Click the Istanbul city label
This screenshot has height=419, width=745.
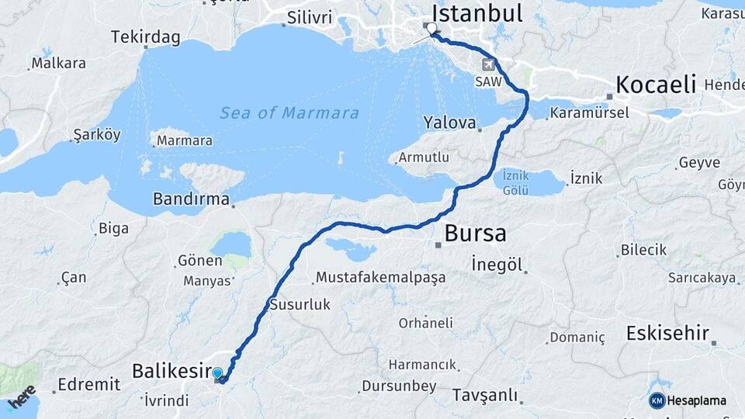tap(476, 13)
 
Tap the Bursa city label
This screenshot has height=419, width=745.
tap(475, 233)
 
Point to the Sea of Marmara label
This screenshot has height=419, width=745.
tap(289, 113)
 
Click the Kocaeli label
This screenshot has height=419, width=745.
tap(655, 85)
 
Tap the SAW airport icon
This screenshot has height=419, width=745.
tap(487, 65)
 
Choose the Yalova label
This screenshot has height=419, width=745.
tap(449, 123)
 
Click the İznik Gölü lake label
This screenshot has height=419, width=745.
tap(515, 182)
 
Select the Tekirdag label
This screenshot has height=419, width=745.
tap(145, 36)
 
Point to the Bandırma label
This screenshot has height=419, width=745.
tap(191, 199)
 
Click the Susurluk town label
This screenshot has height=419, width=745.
tap(300, 305)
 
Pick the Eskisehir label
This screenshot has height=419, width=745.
tap(667, 334)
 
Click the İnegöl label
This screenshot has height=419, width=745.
tap(497, 265)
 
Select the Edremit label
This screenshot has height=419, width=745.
tap(89, 384)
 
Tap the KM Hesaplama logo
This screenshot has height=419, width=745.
tap(688, 400)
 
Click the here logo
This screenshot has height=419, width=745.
tap(22, 396)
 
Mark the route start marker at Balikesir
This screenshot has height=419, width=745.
tap(217, 374)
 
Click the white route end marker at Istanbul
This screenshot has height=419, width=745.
tap(431, 28)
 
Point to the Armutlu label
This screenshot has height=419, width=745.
tap(424, 158)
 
